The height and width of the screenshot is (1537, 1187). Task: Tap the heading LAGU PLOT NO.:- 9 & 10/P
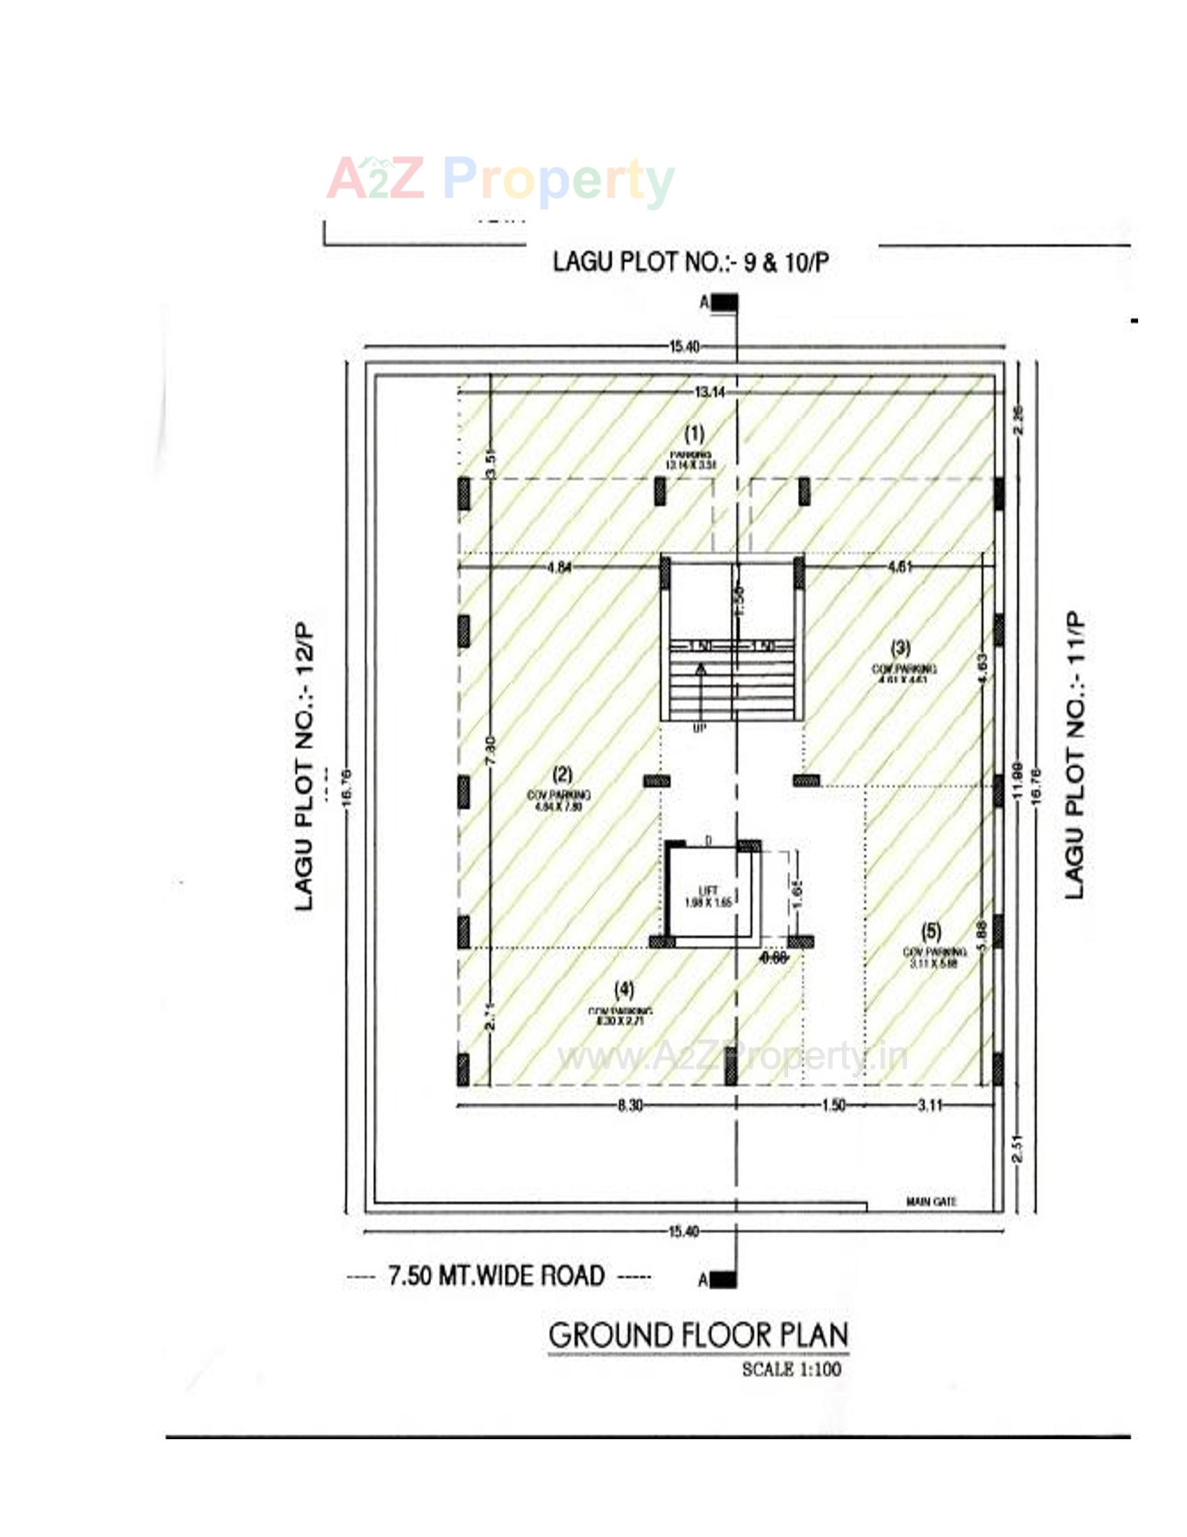(x=690, y=263)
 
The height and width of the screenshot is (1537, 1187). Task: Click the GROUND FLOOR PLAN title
(x=698, y=1335)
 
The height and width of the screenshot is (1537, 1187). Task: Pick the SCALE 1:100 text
(x=792, y=1369)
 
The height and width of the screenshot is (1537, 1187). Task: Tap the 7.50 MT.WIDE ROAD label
(x=497, y=1275)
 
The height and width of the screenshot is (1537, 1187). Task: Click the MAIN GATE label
(x=931, y=1203)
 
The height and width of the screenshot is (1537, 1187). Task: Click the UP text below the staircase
(x=699, y=730)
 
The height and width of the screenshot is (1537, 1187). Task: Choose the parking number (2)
(x=562, y=775)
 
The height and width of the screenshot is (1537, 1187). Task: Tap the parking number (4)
(x=624, y=989)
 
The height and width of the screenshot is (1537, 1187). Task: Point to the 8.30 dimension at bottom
(x=629, y=1106)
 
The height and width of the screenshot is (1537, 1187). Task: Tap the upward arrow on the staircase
(x=700, y=670)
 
